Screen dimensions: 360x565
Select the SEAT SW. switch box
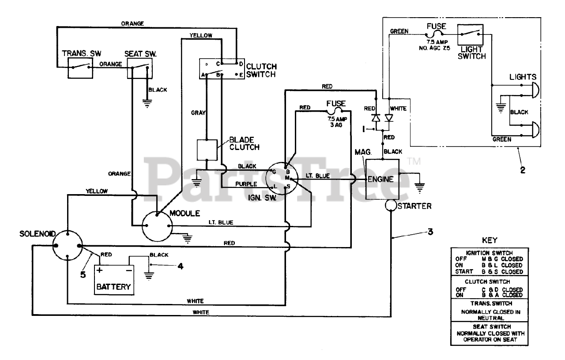(139, 68)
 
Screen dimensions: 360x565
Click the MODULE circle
(157, 226)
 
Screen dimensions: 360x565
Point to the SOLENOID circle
(67, 246)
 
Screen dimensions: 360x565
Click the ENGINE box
(382, 179)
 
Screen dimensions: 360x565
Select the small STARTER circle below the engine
(391, 205)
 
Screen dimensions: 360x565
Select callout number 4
(180, 266)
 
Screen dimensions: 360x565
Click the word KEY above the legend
(489, 240)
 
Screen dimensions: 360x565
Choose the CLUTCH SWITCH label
(261, 71)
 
